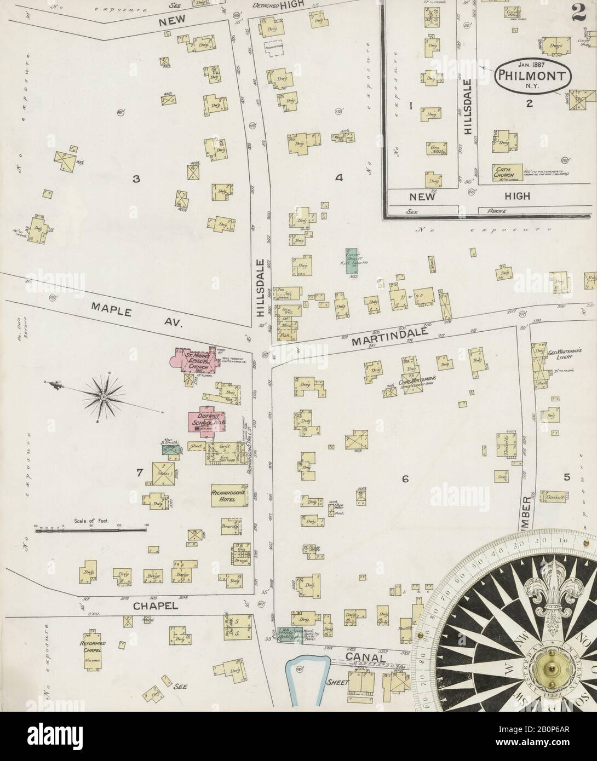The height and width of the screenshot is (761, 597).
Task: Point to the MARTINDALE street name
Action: tap(377, 339)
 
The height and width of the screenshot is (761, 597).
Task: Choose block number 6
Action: tap(405, 480)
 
